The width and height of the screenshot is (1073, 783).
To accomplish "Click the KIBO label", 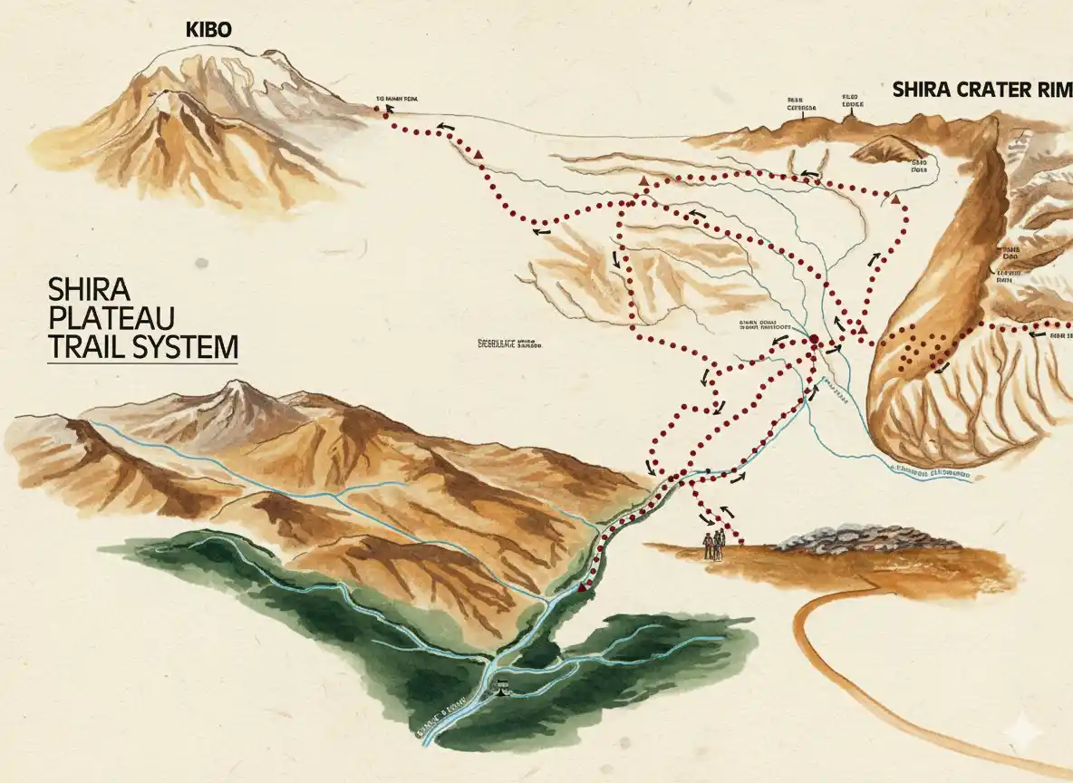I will point(208,29).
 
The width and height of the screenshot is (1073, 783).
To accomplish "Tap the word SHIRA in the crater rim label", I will point(922,90).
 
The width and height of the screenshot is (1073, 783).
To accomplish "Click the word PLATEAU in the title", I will point(101,318).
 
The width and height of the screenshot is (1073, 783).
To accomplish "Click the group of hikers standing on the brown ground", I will point(715,543).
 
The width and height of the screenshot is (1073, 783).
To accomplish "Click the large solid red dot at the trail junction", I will point(813,342).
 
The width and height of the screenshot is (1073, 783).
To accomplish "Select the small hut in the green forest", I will point(500,689).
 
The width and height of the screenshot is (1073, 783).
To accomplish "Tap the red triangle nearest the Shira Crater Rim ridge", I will point(895,198).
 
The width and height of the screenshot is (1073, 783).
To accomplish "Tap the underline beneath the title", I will point(142,363).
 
